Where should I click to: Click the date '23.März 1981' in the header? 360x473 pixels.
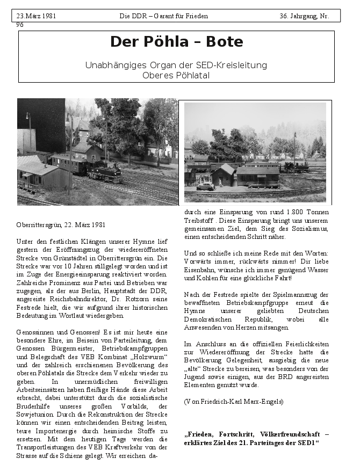pyautogui.click(x=36, y=16)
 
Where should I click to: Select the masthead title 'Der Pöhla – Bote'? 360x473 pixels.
pyautogui.click(x=176, y=42)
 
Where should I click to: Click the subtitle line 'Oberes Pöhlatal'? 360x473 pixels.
pyautogui.click(x=176, y=75)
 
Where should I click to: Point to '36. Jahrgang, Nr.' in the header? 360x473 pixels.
pyautogui.click(x=304, y=16)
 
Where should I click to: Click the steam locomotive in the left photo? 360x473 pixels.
pyautogui.click(x=104, y=172)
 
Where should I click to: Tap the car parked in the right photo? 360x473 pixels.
pyautogui.click(x=205, y=186)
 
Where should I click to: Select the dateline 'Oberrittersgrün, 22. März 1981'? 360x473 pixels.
pyautogui.click(x=61, y=224)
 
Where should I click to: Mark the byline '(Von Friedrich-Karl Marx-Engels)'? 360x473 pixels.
pyautogui.click(x=233, y=401)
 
